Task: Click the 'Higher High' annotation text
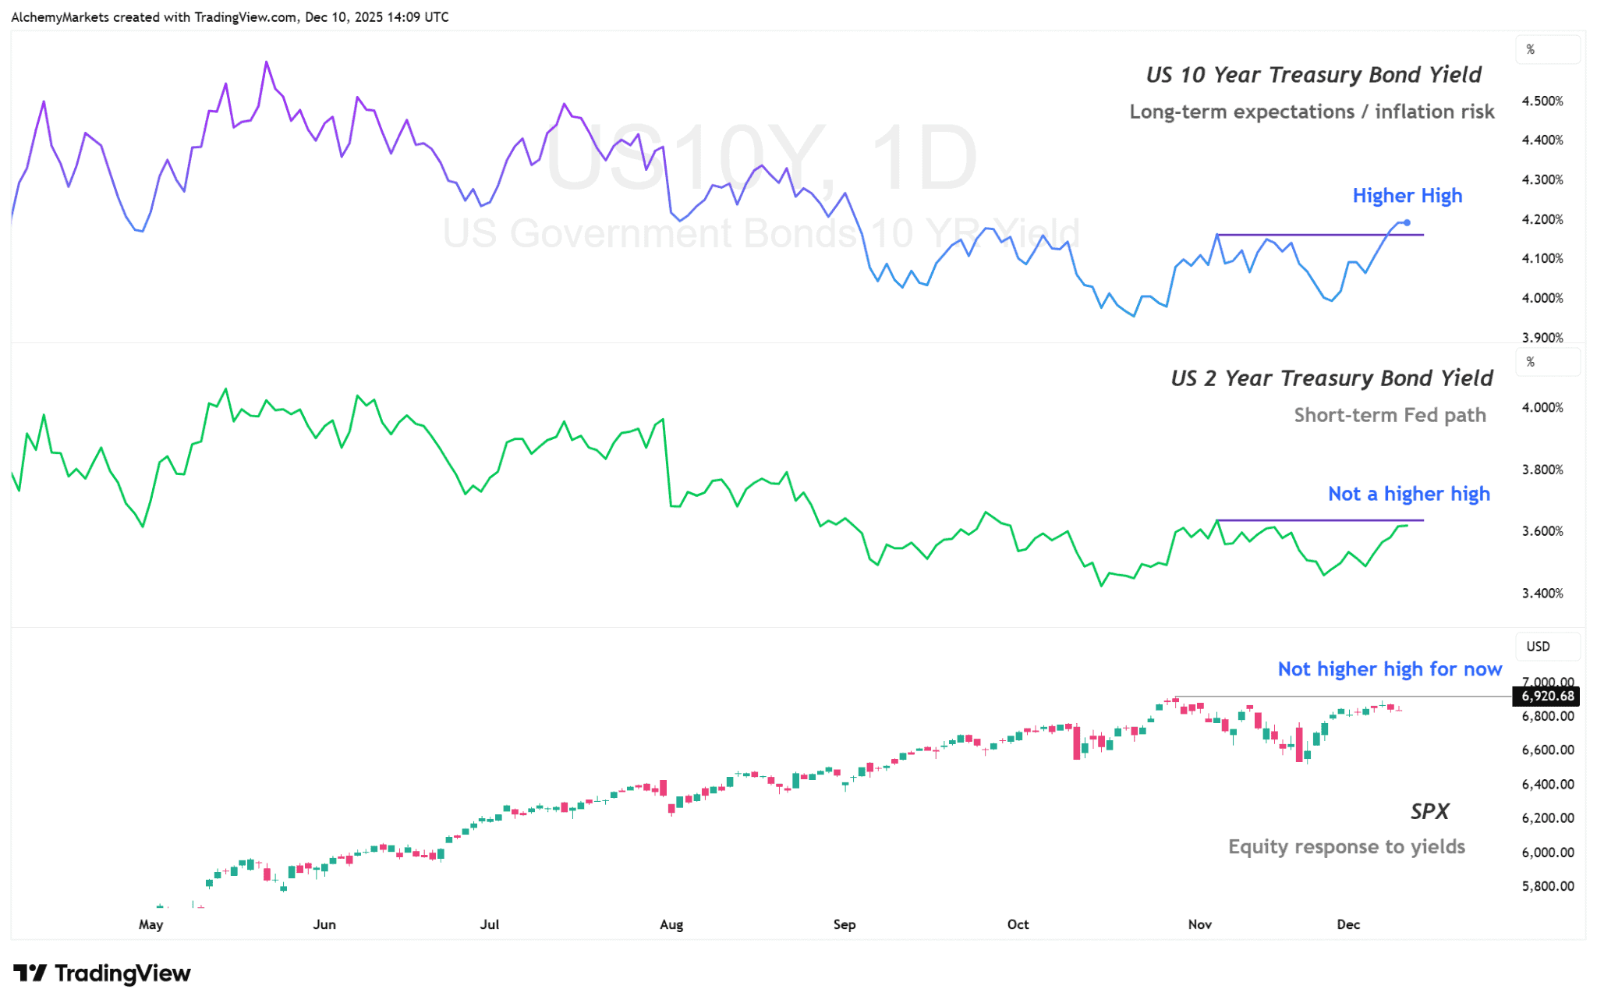click(x=1407, y=196)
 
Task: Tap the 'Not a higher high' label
click(x=1408, y=494)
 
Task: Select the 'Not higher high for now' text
click(x=1389, y=669)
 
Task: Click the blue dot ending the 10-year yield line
click(x=1407, y=223)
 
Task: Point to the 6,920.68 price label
click(x=1547, y=696)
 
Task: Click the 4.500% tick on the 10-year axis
click(x=1542, y=101)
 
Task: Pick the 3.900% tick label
click(x=1542, y=338)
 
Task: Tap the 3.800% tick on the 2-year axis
click(x=1542, y=470)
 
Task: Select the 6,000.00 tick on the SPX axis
click(x=1547, y=853)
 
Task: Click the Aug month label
click(x=671, y=924)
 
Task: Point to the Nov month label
click(x=1199, y=924)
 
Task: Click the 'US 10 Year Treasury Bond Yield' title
click(x=1313, y=75)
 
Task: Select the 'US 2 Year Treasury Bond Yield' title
click(x=1331, y=378)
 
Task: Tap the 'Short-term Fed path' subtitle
click(x=1390, y=415)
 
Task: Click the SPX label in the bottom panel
click(x=1429, y=812)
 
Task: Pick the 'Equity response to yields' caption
click(x=1346, y=847)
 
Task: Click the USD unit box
click(x=1538, y=647)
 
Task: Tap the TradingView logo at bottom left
click(x=102, y=973)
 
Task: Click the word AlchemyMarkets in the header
click(x=60, y=17)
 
